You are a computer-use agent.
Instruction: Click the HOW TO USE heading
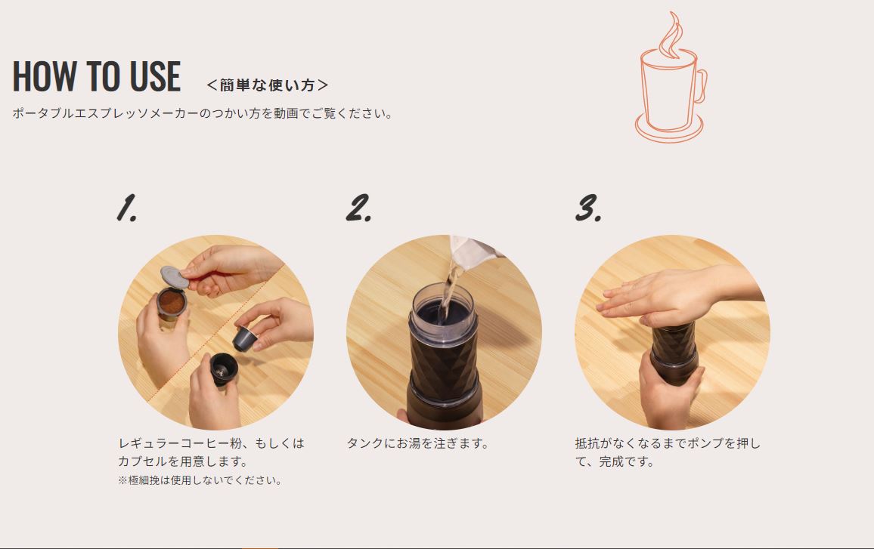97,76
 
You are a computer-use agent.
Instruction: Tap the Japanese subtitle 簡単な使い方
268,85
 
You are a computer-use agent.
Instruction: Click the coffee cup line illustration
671,78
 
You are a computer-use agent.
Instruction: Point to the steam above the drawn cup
671,35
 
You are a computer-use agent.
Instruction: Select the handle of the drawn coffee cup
699,86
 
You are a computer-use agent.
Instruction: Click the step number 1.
126,208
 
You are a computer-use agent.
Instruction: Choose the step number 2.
358,208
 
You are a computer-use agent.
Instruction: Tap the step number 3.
588,208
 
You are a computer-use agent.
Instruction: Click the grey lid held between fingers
174,276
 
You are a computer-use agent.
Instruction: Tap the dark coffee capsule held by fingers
243,338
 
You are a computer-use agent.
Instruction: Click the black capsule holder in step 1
224,368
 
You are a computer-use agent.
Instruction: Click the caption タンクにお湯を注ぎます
417,443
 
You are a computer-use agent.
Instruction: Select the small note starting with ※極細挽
200,480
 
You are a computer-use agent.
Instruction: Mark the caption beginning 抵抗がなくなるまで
667,452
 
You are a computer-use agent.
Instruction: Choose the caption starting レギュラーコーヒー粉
211,452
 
